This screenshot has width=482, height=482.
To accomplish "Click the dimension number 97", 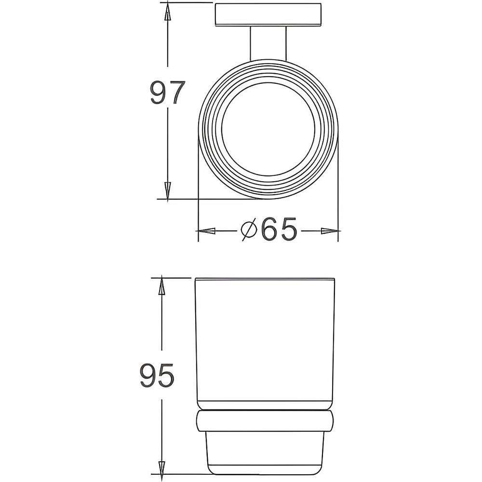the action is click(168, 92).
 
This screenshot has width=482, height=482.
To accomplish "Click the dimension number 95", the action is click(157, 375).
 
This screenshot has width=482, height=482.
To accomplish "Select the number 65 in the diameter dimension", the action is click(279, 229).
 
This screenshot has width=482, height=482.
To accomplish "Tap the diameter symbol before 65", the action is click(249, 229).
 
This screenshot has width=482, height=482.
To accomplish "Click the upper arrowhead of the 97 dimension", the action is click(167, 13).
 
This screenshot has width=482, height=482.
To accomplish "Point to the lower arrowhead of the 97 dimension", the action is click(167, 191).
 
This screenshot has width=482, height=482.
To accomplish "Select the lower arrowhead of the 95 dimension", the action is click(161, 469).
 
